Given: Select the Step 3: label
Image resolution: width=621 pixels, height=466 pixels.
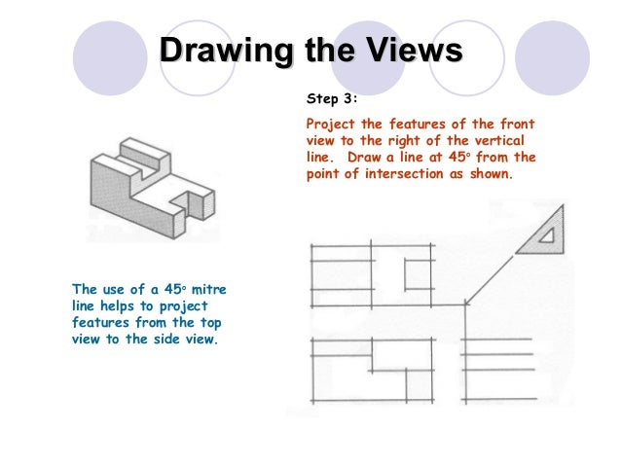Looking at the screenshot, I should tap(333, 98).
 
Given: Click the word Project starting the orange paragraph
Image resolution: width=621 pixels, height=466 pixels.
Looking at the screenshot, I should tap(332, 125).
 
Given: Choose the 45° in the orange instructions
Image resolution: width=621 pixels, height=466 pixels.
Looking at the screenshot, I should tap(462, 159).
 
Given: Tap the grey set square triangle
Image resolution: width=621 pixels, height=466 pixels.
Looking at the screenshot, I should tap(540, 233).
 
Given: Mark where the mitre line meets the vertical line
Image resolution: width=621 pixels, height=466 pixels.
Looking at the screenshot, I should tap(465, 303).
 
